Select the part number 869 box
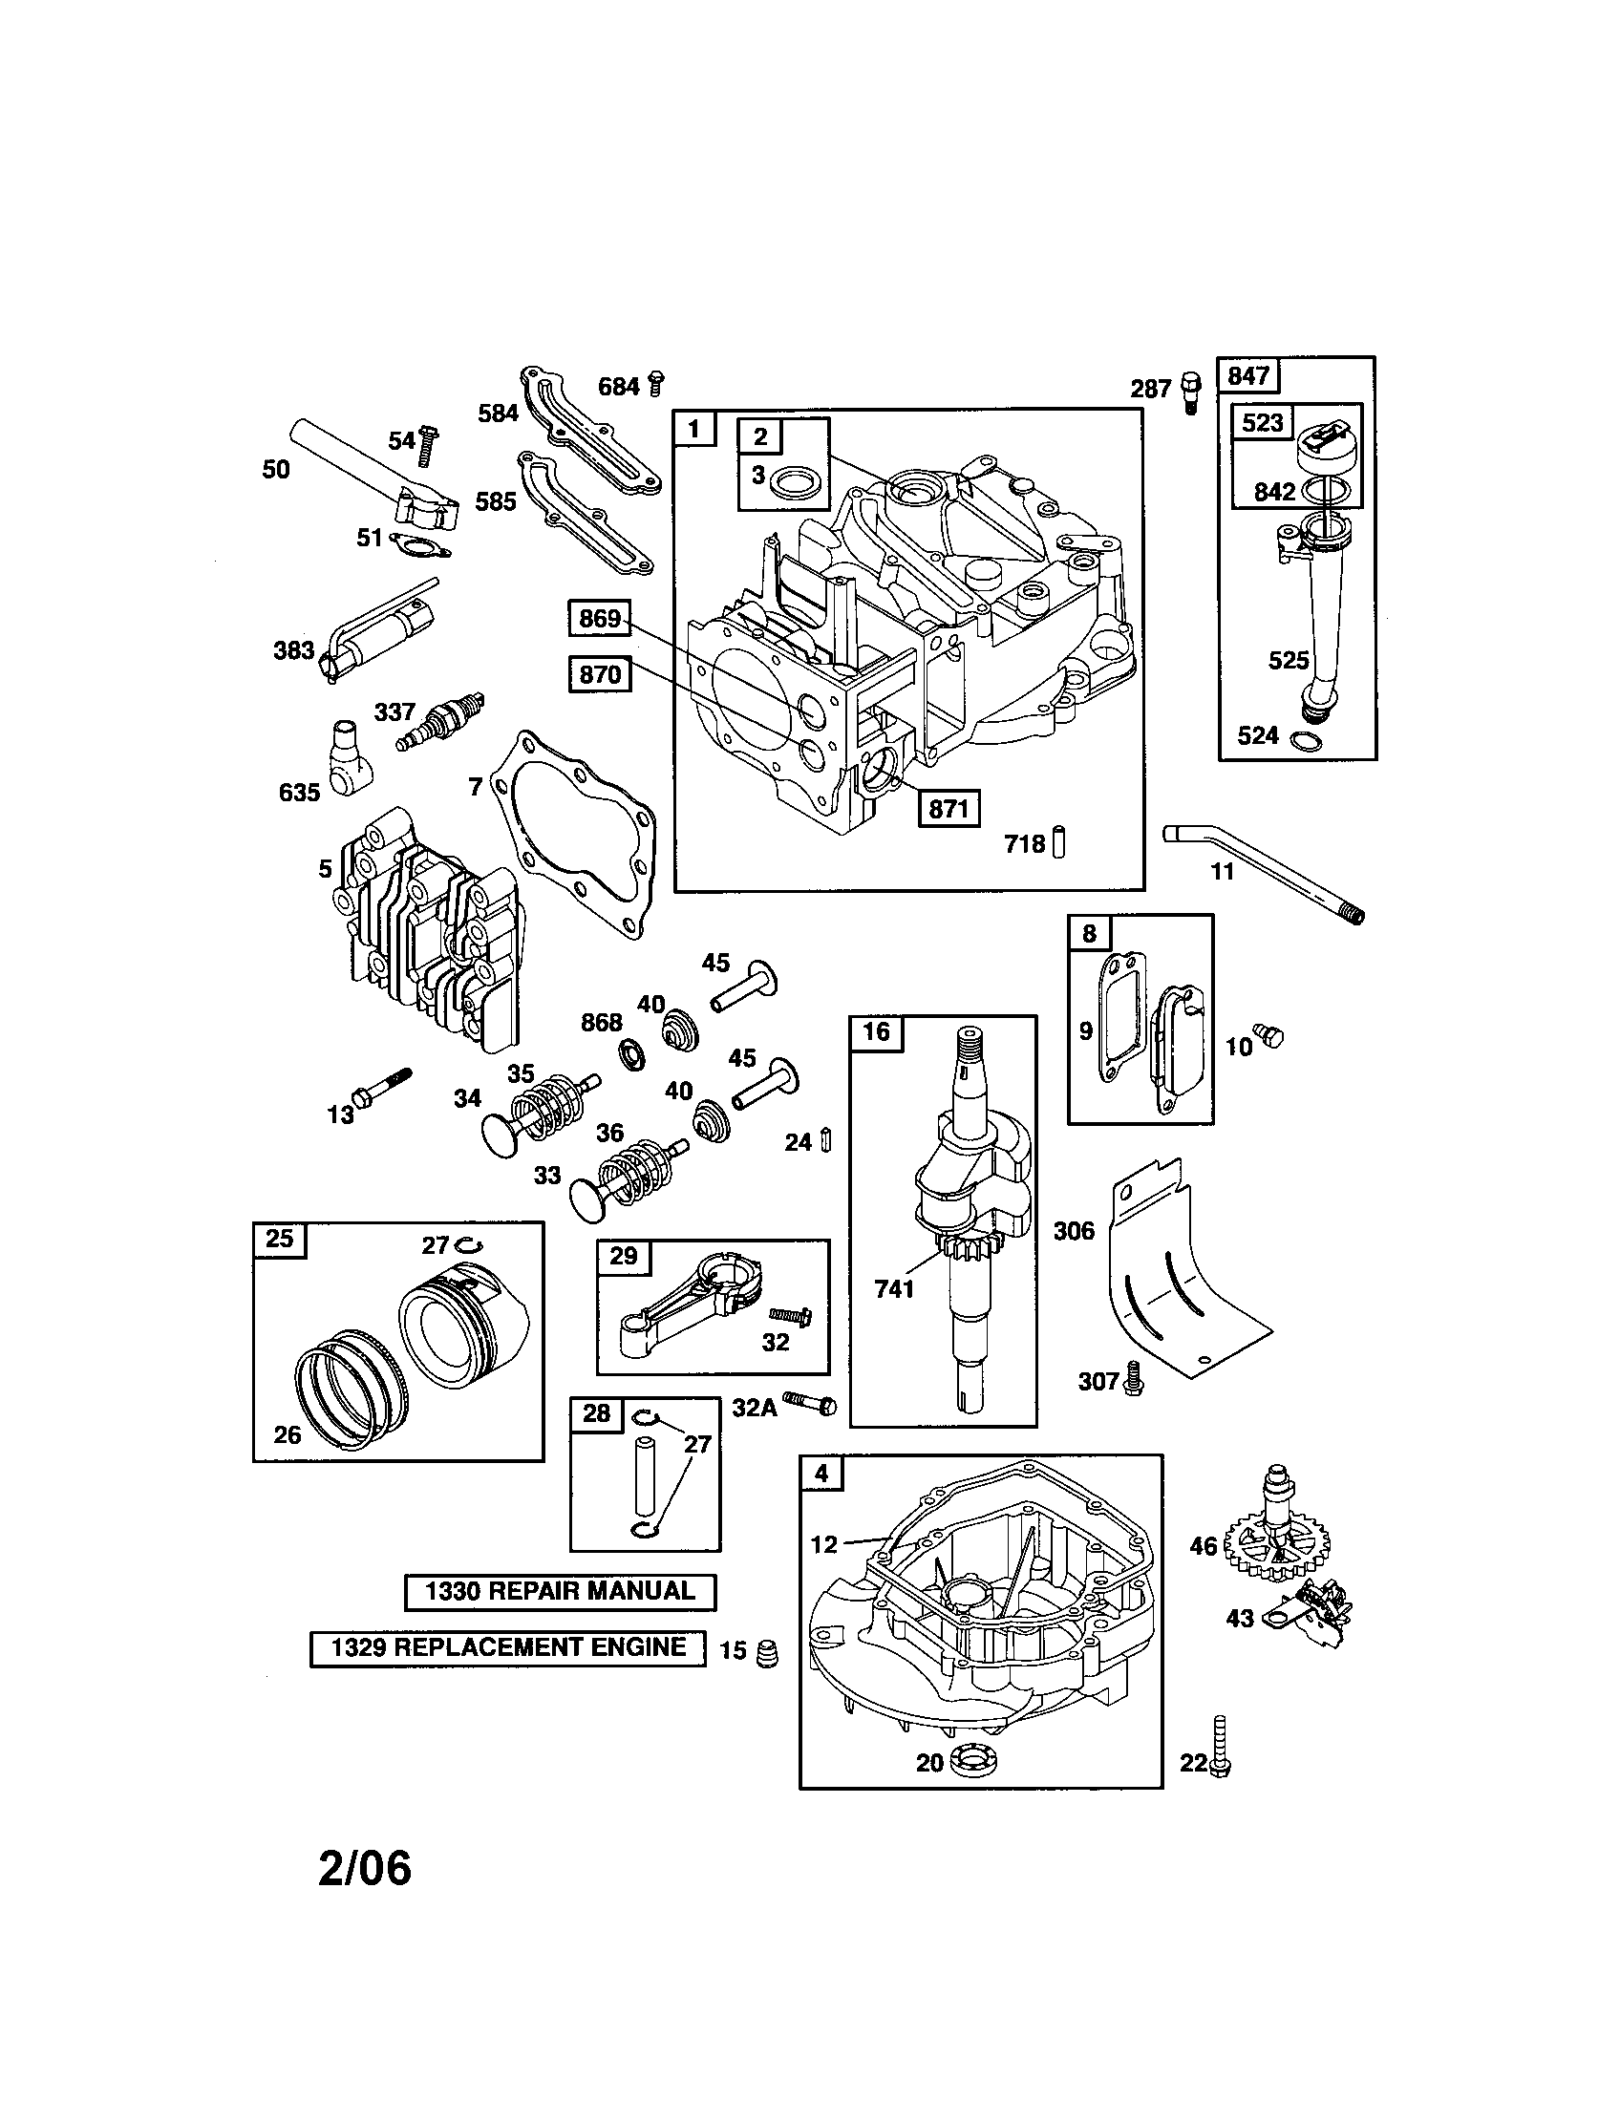coord(599,619)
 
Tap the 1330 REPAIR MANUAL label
coord(560,1591)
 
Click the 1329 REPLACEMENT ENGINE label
coord(508,1647)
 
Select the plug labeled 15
coord(767,1653)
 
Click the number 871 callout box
coord(948,809)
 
